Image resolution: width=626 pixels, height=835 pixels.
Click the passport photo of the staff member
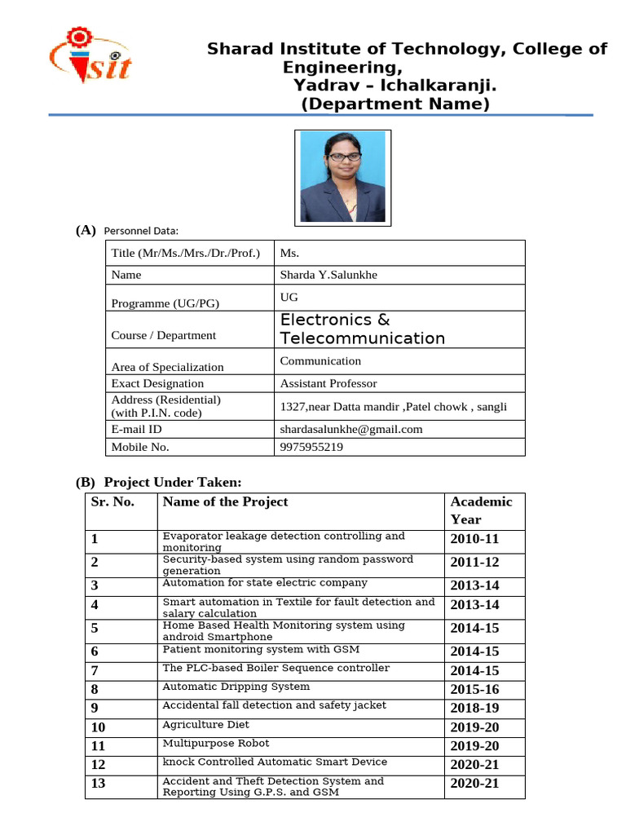[x=342, y=177]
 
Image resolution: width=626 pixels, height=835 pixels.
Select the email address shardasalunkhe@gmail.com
[x=351, y=429]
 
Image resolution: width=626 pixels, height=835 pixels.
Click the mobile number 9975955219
[x=311, y=447]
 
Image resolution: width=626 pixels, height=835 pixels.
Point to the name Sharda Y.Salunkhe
[x=328, y=275]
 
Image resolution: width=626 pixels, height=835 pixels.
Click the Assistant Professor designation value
[x=328, y=383]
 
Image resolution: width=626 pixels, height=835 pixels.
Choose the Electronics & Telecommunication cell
[x=362, y=329]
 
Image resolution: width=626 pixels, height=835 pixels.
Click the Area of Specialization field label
[x=167, y=367]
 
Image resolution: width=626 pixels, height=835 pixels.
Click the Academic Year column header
[x=481, y=510]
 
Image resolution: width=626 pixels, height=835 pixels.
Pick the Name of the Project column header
[x=225, y=501]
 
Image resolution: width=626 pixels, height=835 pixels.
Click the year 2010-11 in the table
[x=474, y=539]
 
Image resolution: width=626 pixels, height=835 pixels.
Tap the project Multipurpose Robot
[x=215, y=743]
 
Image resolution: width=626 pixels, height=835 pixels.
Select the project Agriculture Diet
[x=205, y=724]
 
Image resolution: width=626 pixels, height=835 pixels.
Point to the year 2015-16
[x=474, y=689]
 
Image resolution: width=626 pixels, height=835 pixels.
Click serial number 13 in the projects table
[x=99, y=784]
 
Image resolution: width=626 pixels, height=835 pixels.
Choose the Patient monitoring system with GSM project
[x=261, y=649]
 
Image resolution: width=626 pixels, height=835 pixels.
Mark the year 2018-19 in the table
[x=474, y=708]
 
